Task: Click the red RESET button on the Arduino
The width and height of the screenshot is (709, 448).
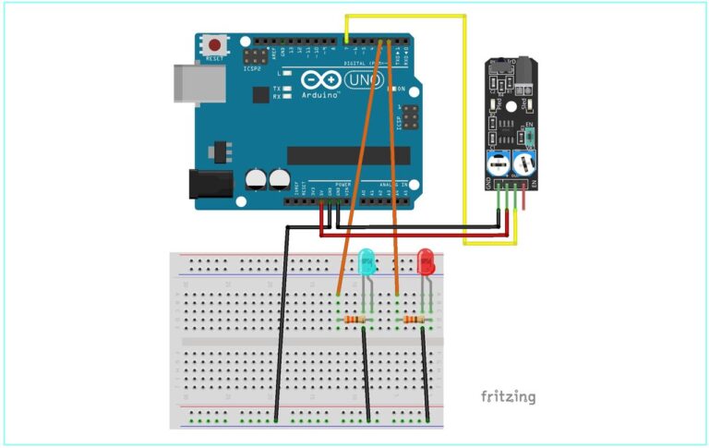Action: click(x=215, y=44)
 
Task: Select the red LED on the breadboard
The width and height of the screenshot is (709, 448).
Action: click(x=426, y=260)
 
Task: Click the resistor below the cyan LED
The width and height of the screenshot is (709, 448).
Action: click(x=354, y=320)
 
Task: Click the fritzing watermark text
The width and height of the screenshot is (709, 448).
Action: click(x=508, y=397)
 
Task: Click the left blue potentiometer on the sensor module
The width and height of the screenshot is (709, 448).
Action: click(x=497, y=163)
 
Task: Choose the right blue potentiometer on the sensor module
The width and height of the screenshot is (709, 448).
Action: click(x=523, y=163)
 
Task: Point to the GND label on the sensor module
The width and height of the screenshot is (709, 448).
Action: click(x=488, y=183)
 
